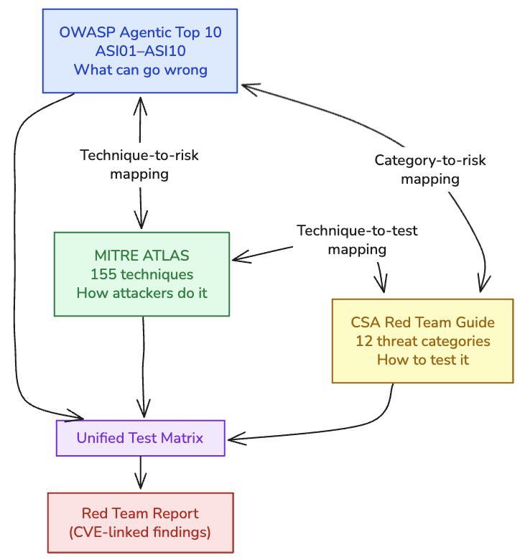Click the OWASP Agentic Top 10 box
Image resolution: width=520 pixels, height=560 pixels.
coord(140,51)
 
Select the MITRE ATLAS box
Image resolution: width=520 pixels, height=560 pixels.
coord(141,274)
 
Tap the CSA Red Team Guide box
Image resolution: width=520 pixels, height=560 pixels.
coord(422,341)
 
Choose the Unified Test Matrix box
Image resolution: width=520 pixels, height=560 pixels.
coord(140,438)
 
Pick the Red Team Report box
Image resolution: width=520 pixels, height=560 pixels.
coord(140,523)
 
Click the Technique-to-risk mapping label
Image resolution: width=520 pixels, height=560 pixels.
coord(139,164)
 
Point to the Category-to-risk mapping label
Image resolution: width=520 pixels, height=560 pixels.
coord(430,169)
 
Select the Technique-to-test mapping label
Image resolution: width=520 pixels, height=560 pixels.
coord(357,240)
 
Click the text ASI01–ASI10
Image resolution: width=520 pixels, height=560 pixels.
coord(140,51)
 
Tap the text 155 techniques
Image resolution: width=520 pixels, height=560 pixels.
coord(141,274)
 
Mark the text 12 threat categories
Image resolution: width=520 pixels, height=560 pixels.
coord(422,341)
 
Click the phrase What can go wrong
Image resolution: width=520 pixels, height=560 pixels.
coord(140,70)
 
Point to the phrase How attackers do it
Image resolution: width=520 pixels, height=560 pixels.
coord(141,293)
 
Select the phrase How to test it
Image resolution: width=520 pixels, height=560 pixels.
coord(422,360)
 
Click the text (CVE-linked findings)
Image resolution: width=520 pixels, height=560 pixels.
coord(140,532)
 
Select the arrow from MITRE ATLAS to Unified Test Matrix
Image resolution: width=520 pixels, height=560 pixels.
coord(144,366)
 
